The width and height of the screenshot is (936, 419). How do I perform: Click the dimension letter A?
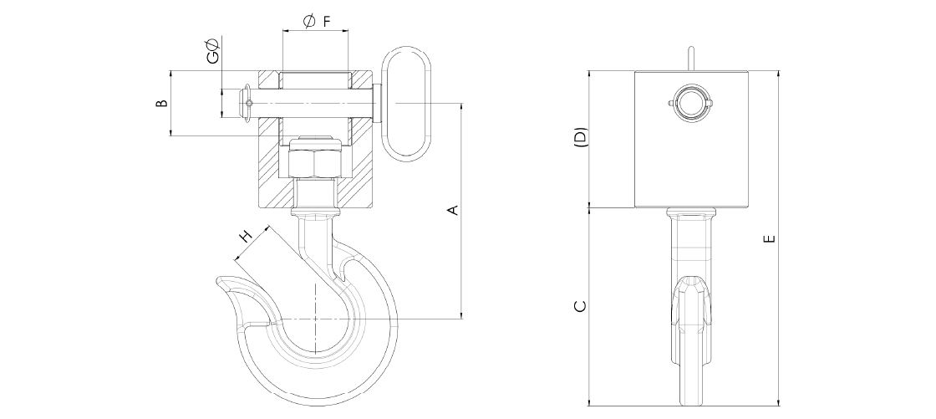click(454, 210)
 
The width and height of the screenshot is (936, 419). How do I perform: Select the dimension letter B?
click(161, 104)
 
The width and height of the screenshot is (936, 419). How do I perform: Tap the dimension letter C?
click(580, 306)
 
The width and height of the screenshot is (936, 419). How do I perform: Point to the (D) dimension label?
click(580, 137)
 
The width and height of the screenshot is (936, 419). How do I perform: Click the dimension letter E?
click(770, 238)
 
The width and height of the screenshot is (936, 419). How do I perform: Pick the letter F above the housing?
click(327, 22)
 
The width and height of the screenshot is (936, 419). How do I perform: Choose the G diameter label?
click(212, 51)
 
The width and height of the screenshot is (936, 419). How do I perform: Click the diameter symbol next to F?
click(309, 22)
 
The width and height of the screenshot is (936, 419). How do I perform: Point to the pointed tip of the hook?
click(218, 278)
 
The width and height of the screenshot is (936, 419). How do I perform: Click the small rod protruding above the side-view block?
click(690, 59)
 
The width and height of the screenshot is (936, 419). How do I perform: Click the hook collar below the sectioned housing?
click(314, 212)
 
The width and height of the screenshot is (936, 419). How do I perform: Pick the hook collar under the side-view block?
click(690, 212)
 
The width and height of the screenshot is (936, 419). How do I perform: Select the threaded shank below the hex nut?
click(314, 193)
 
